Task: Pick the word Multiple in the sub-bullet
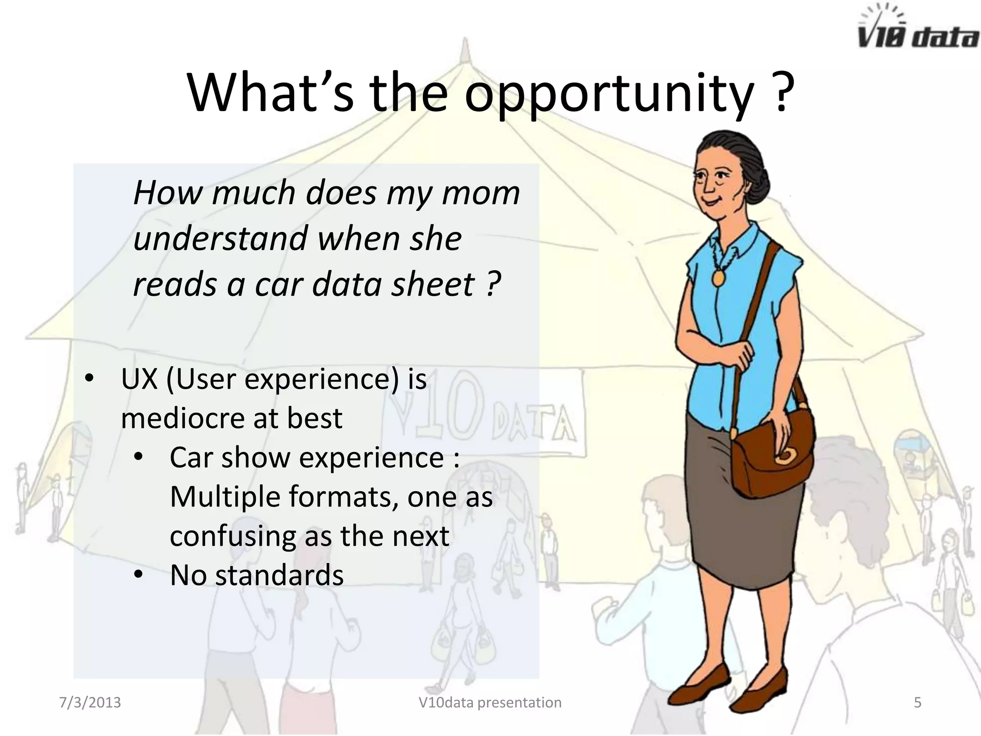[225, 496]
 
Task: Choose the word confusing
[232, 536]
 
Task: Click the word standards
[279, 575]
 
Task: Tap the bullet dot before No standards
[138, 575]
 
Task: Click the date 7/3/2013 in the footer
[90, 702]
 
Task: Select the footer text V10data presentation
[490, 702]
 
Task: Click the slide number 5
[917, 702]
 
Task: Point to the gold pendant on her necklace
[719, 277]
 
